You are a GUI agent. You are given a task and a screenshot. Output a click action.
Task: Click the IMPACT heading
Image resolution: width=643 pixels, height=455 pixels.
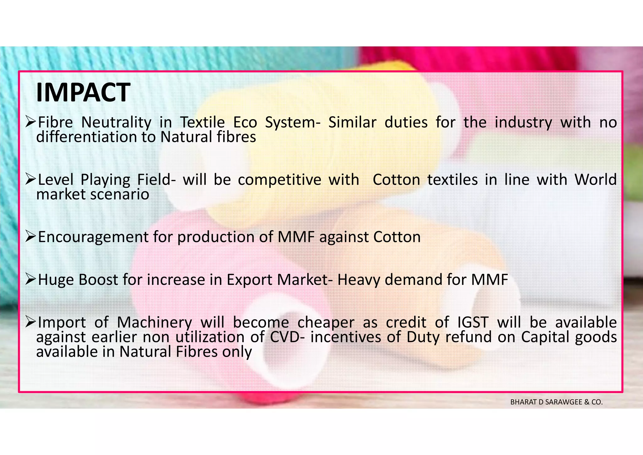coord(83,92)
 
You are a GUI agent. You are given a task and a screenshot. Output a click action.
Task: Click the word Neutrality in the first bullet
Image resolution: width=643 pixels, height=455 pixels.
coord(116,122)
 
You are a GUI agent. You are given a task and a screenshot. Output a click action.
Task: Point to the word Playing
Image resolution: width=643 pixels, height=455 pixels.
coord(105,180)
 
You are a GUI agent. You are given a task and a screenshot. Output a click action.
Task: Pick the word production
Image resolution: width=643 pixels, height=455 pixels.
coord(216,237)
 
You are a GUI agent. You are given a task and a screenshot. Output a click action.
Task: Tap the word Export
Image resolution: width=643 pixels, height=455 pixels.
coord(249,280)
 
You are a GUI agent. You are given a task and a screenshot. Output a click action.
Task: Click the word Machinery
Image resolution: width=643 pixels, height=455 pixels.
coord(154,323)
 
